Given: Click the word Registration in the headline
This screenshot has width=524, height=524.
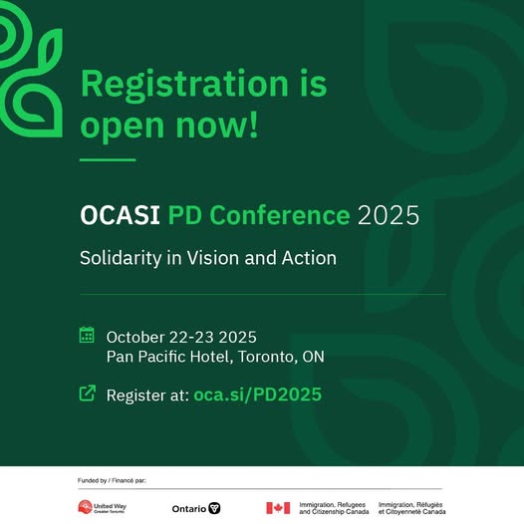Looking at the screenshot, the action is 184,86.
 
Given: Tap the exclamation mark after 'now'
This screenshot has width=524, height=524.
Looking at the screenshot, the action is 254,124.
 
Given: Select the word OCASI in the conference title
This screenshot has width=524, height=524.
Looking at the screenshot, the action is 120,215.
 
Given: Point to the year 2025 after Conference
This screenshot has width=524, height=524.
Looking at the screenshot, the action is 389,215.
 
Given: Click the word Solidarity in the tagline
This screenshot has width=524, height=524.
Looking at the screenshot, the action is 121,259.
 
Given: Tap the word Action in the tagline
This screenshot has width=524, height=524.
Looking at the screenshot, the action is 309,258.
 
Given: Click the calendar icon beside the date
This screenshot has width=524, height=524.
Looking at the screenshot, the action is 87,335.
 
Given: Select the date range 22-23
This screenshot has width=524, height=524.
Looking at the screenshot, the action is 191,337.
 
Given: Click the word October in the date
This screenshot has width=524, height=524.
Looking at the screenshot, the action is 135,337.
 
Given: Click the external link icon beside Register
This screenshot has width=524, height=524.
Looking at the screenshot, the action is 88,393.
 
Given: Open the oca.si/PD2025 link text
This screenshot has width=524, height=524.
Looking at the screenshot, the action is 258,394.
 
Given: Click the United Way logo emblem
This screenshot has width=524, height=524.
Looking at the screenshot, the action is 85,507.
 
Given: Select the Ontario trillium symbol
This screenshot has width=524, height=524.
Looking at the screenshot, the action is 214,508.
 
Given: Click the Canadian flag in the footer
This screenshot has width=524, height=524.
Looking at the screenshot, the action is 278,508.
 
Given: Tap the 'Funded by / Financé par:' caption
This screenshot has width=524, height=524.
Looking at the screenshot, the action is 112,480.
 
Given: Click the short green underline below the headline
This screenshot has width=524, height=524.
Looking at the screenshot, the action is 108,159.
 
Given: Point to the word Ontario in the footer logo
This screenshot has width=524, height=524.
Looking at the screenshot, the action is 189,509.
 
